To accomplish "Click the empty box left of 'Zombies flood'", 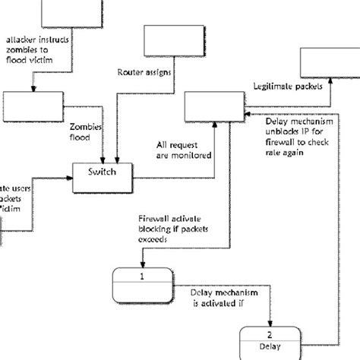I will pos(30,106).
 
